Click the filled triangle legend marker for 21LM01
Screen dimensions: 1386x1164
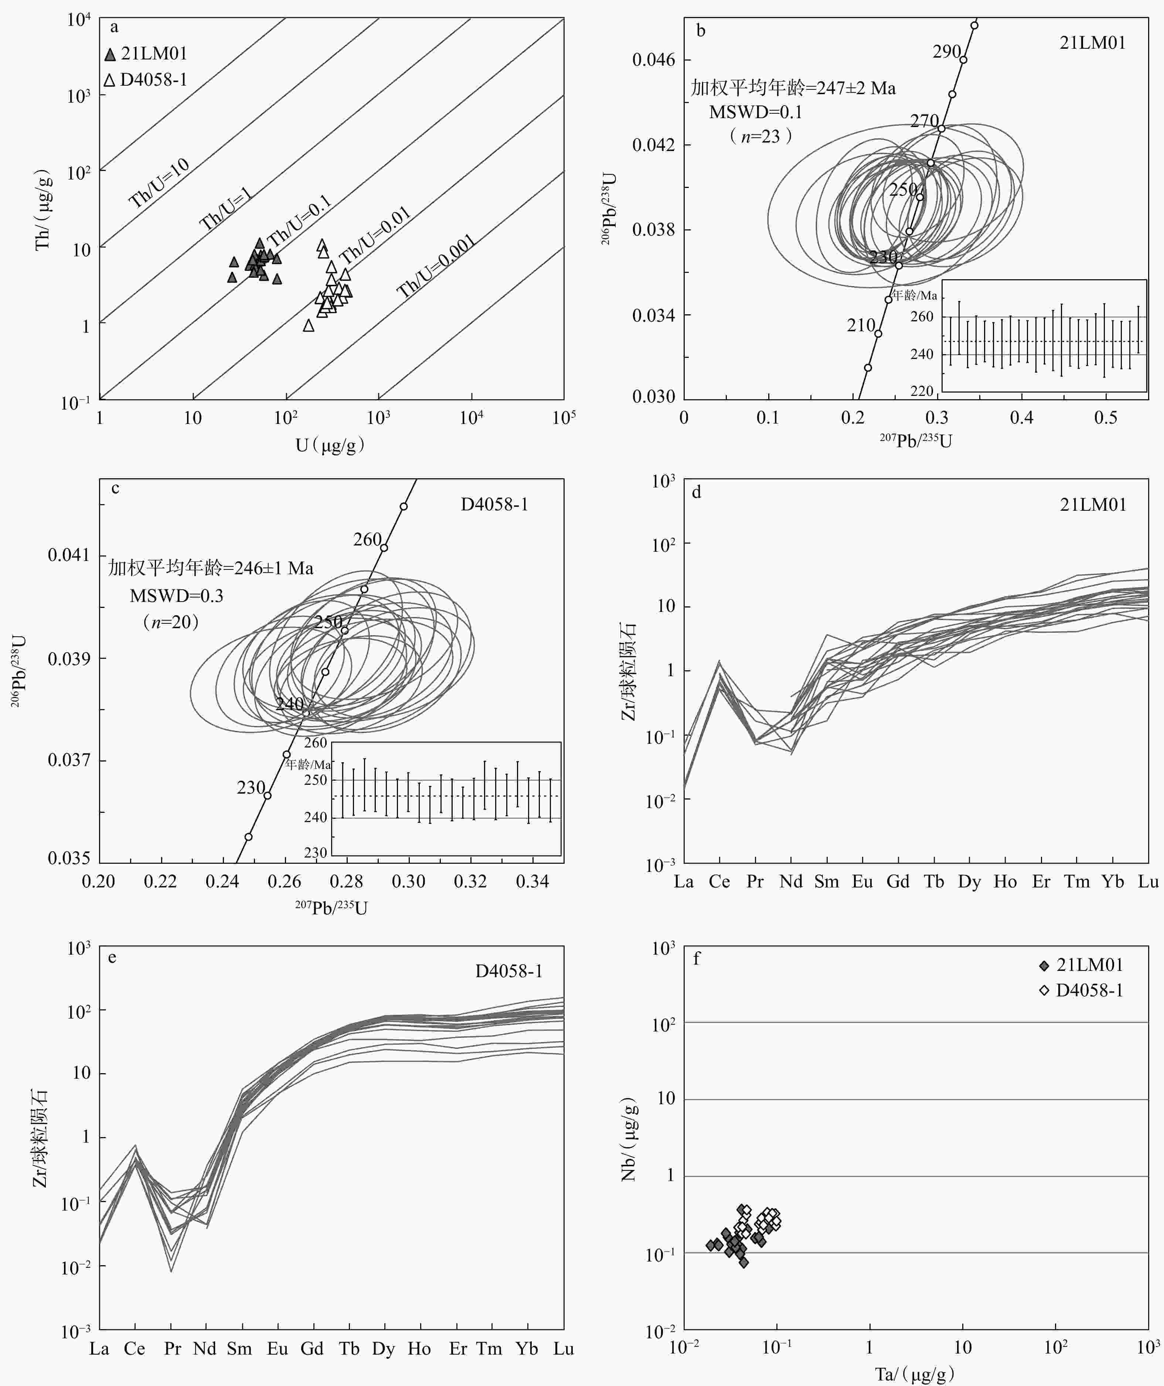coord(110,55)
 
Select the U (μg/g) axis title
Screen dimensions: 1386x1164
coord(330,445)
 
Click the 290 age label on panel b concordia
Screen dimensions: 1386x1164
coord(946,51)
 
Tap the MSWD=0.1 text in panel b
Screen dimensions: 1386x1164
coord(755,112)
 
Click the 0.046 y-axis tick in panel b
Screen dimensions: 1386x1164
coord(654,60)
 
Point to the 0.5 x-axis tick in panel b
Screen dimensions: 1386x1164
coord(1106,418)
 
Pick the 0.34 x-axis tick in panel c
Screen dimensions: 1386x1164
coord(532,882)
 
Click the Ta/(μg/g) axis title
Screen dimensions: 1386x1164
coord(915,1374)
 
